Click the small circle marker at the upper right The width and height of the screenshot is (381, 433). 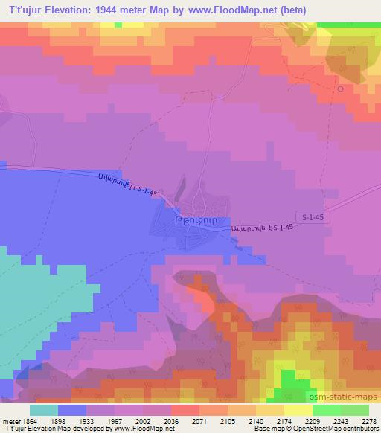click(x=341, y=89)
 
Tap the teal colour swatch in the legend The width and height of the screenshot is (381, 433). click(x=44, y=410)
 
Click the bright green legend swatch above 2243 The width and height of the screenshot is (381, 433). click(x=327, y=410)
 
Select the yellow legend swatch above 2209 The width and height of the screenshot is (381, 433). click(x=298, y=410)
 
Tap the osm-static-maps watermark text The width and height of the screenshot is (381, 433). click(x=344, y=399)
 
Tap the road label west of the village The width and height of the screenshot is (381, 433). click(x=128, y=185)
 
